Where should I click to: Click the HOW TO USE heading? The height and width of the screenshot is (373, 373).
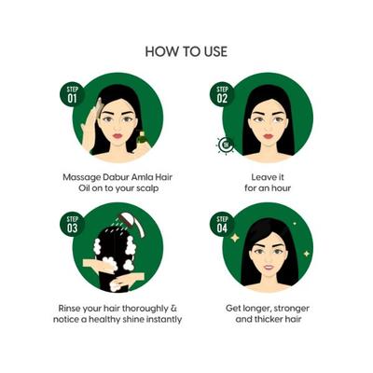click(x=186, y=50)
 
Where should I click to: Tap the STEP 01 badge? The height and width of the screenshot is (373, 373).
click(x=73, y=93)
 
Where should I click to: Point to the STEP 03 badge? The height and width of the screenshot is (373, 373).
click(x=73, y=225)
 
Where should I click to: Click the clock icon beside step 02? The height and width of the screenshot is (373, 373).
click(x=224, y=144)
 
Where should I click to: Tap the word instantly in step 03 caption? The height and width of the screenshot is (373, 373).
click(x=159, y=319)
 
